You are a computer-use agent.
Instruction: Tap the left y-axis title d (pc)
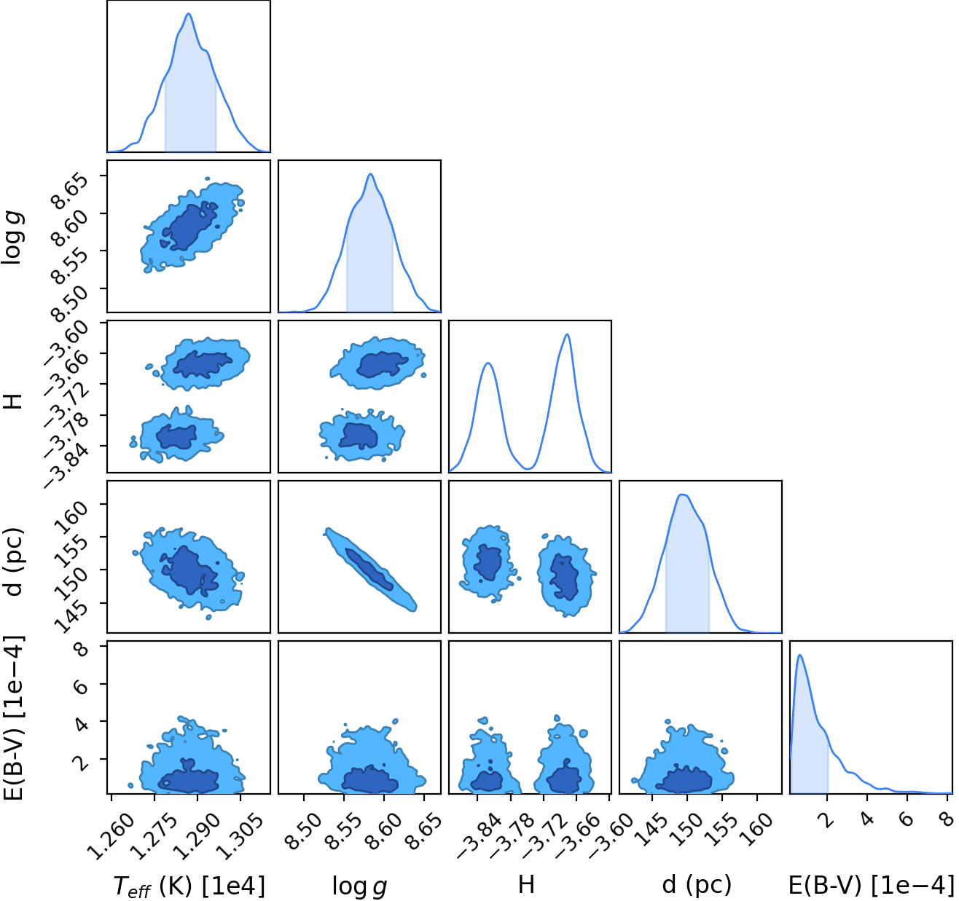click(13, 562)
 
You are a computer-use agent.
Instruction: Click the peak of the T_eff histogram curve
click(189, 14)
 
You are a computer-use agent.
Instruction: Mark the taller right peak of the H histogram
click(568, 334)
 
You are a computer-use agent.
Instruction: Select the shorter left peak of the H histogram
click(488, 363)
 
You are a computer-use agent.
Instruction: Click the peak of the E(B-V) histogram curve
click(800, 655)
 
